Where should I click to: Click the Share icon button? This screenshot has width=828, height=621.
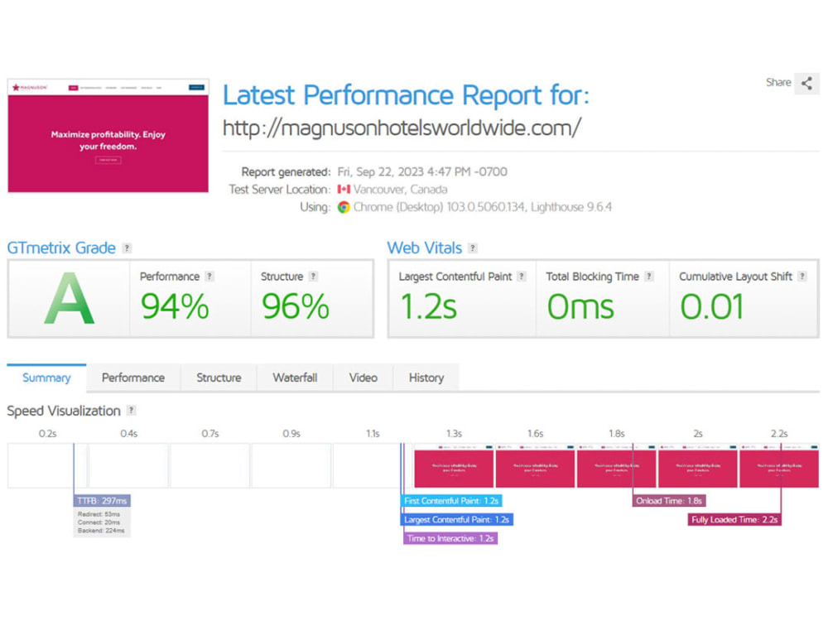click(x=806, y=84)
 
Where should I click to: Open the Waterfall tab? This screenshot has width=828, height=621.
click(x=295, y=378)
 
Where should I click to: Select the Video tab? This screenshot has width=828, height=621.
click(x=363, y=378)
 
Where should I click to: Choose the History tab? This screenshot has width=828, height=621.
click(x=426, y=378)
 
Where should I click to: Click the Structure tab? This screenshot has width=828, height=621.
click(x=219, y=378)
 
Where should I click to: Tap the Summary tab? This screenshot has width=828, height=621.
click(x=46, y=378)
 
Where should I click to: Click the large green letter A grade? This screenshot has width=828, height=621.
click(x=69, y=299)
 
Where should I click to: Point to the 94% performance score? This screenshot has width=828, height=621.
click(x=175, y=307)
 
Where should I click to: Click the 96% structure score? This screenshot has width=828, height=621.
click(x=296, y=307)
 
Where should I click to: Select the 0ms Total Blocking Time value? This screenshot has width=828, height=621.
click(x=580, y=307)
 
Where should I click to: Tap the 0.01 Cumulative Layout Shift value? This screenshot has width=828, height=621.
click(x=711, y=307)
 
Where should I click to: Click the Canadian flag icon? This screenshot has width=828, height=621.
click(x=344, y=190)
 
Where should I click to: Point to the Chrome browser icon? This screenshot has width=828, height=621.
click(x=344, y=207)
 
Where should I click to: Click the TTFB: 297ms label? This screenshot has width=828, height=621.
click(x=103, y=501)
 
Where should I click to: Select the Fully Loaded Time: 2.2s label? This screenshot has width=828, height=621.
click(x=735, y=520)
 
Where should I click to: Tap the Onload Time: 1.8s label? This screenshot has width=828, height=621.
click(x=669, y=501)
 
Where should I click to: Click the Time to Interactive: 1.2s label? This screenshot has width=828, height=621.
click(x=450, y=538)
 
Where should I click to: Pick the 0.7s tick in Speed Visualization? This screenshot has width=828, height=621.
click(x=210, y=433)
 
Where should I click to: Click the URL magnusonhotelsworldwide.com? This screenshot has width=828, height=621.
click(x=402, y=128)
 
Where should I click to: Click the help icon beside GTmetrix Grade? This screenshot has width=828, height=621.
click(x=127, y=248)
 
